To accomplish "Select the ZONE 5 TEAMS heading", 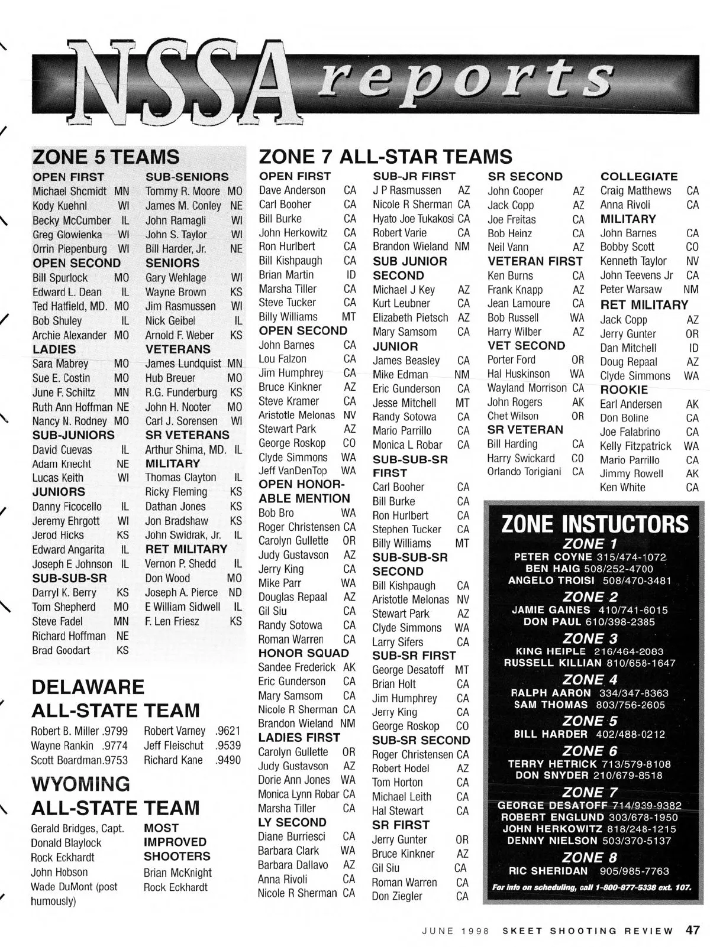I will click(106, 157).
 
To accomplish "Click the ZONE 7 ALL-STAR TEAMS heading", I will click(385, 157).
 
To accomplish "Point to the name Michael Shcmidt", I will click(69, 192).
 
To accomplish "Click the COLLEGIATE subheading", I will click(639, 176).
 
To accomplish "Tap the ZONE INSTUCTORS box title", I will click(595, 524).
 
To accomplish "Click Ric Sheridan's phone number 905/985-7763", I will click(635, 871).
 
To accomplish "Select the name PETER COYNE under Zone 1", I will click(553, 557).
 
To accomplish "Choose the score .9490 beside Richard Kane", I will click(228, 760).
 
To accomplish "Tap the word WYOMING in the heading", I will click(80, 784).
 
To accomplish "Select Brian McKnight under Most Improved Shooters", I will click(177, 873).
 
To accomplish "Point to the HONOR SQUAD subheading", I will click(304, 653).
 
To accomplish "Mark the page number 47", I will click(693, 930).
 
